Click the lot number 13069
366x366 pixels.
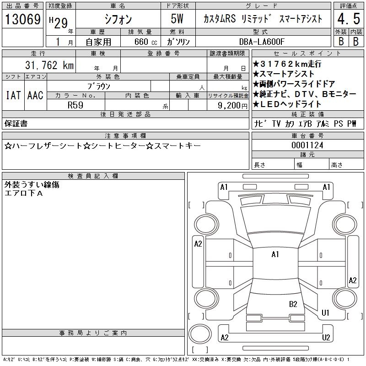(x=22, y=19)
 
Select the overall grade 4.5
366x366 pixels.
(x=349, y=19)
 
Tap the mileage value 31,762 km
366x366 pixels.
(x=49, y=65)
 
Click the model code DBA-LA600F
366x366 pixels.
(x=262, y=42)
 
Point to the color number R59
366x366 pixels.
(x=75, y=105)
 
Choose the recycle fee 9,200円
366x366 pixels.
(x=232, y=106)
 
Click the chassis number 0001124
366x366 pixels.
(x=307, y=145)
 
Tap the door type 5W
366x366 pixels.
(x=177, y=19)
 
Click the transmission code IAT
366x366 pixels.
(x=13, y=95)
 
